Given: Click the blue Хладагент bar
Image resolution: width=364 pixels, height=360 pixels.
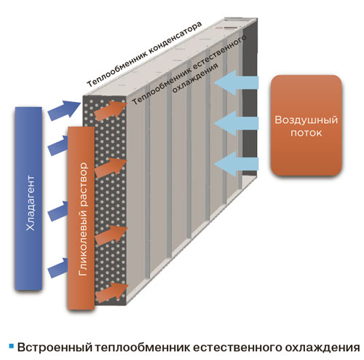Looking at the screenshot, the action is pyautogui.click(x=28, y=198).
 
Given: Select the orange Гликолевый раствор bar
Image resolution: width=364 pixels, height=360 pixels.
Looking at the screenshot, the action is pyautogui.click(x=81, y=218).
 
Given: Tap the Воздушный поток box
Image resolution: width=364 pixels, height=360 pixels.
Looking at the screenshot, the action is pyautogui.click(x=306, y=125).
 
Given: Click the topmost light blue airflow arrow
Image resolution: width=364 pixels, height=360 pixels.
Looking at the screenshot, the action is pyautogui.click(x=237, y=82).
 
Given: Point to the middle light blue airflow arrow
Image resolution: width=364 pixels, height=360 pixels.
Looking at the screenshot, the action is pyautogui.click(x=237, y=123).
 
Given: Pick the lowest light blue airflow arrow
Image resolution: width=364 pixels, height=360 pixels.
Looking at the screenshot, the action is pyautogui.click(x=237, y=164).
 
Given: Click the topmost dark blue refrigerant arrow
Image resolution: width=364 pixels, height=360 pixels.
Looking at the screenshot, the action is pyautogui.click(x=64, y=111).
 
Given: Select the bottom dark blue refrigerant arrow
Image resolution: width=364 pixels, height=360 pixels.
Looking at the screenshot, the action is pyautogui.click(x=58, y=268).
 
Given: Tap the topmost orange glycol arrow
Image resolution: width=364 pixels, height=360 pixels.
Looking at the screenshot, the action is pyautogui.click(x=111, y=111).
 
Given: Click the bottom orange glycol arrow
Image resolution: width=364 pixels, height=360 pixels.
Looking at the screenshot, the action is pyautogui.click(x=111, y=293).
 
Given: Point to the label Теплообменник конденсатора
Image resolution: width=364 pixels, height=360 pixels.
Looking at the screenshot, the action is pyautogui.click(x=144, y=54).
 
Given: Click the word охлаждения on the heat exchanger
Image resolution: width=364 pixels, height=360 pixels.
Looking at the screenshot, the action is pyautogui.click(x=195, y=78).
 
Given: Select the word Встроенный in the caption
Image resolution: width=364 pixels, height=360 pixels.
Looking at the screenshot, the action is pyautogui.click(x=55, y=348).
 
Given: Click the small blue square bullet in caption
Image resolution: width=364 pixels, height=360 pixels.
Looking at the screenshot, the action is pyautogui.click(x=12, y=346).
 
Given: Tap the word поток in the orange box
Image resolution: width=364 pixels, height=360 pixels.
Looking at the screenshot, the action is pyautogui.click(x=306, y=133).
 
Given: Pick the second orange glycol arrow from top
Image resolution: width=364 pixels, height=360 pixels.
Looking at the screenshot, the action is pyautogui.click(x=111, y=168).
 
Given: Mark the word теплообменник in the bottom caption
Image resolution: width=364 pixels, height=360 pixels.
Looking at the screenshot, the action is pyautogui.click(x=143, y=348).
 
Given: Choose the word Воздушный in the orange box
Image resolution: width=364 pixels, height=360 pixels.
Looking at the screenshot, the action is pyautogui.click(x=306, y=120).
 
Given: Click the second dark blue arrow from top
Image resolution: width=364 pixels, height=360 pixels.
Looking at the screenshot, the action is pyautogui.click(x=58, y=145).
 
